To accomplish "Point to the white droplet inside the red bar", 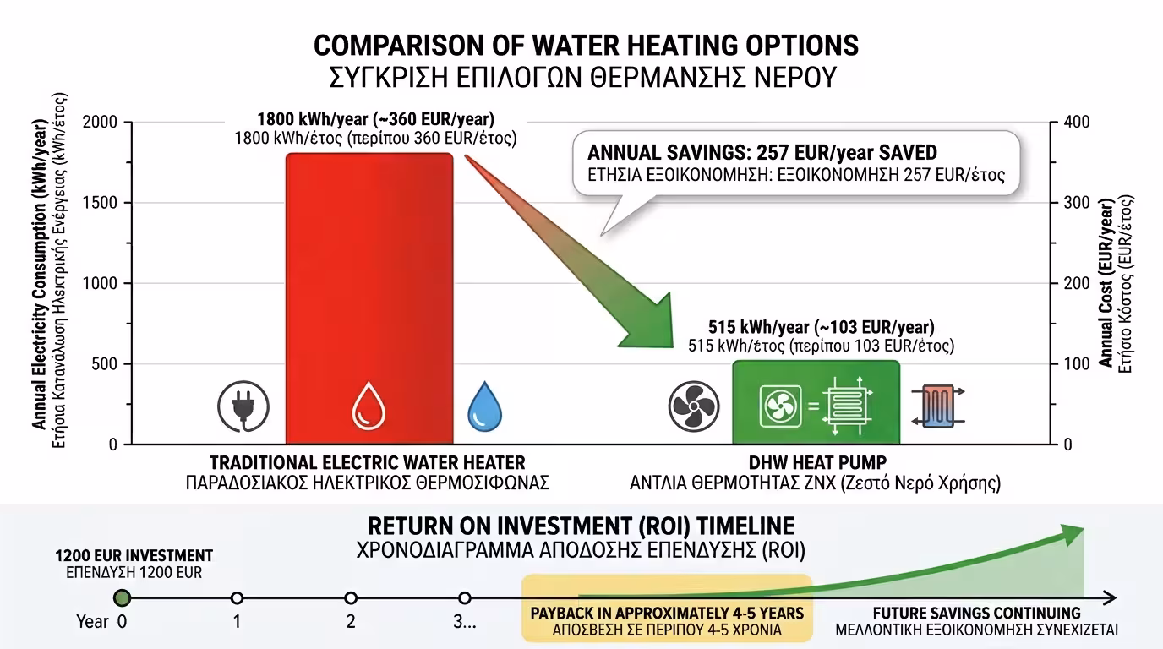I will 369,405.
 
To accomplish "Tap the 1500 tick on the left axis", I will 101,203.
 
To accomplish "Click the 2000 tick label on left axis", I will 101,123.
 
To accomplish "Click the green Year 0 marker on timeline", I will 123,598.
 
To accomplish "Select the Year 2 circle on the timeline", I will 351,598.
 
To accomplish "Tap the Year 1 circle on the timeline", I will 237,598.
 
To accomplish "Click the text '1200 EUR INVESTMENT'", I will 134,556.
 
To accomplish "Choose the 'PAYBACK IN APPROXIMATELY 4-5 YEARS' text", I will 667,613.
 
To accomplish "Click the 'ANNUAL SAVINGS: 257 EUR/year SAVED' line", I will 762,153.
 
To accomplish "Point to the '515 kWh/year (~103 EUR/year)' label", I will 821,328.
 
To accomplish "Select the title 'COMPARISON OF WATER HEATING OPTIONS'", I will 586,45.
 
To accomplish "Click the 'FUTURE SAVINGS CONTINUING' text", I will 976,613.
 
